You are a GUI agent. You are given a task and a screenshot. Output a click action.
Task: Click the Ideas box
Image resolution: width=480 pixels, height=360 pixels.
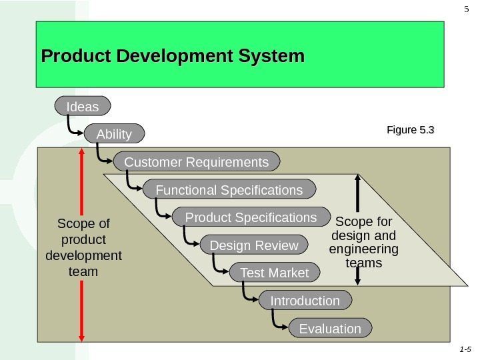(83, 107)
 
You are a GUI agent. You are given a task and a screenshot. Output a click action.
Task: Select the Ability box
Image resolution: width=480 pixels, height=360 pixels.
(114, 134)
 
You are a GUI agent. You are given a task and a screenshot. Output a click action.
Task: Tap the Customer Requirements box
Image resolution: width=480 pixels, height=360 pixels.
(197, 162)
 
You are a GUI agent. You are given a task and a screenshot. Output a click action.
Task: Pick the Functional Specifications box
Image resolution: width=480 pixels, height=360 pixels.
(229, 190)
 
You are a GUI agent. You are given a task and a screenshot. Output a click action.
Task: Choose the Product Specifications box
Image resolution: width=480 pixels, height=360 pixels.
(251, 218)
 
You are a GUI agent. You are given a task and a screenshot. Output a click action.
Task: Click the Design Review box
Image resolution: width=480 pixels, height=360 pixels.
(254, 246)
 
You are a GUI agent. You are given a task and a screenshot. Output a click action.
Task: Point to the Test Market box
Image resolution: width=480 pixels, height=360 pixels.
(274, 273)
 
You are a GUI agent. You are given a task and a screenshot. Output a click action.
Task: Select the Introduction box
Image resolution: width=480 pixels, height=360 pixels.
(305, 301)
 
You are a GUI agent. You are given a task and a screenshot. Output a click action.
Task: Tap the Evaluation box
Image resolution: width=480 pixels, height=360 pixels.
(330, 329)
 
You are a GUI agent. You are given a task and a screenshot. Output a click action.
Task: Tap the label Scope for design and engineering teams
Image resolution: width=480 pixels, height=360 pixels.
(364, 242)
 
